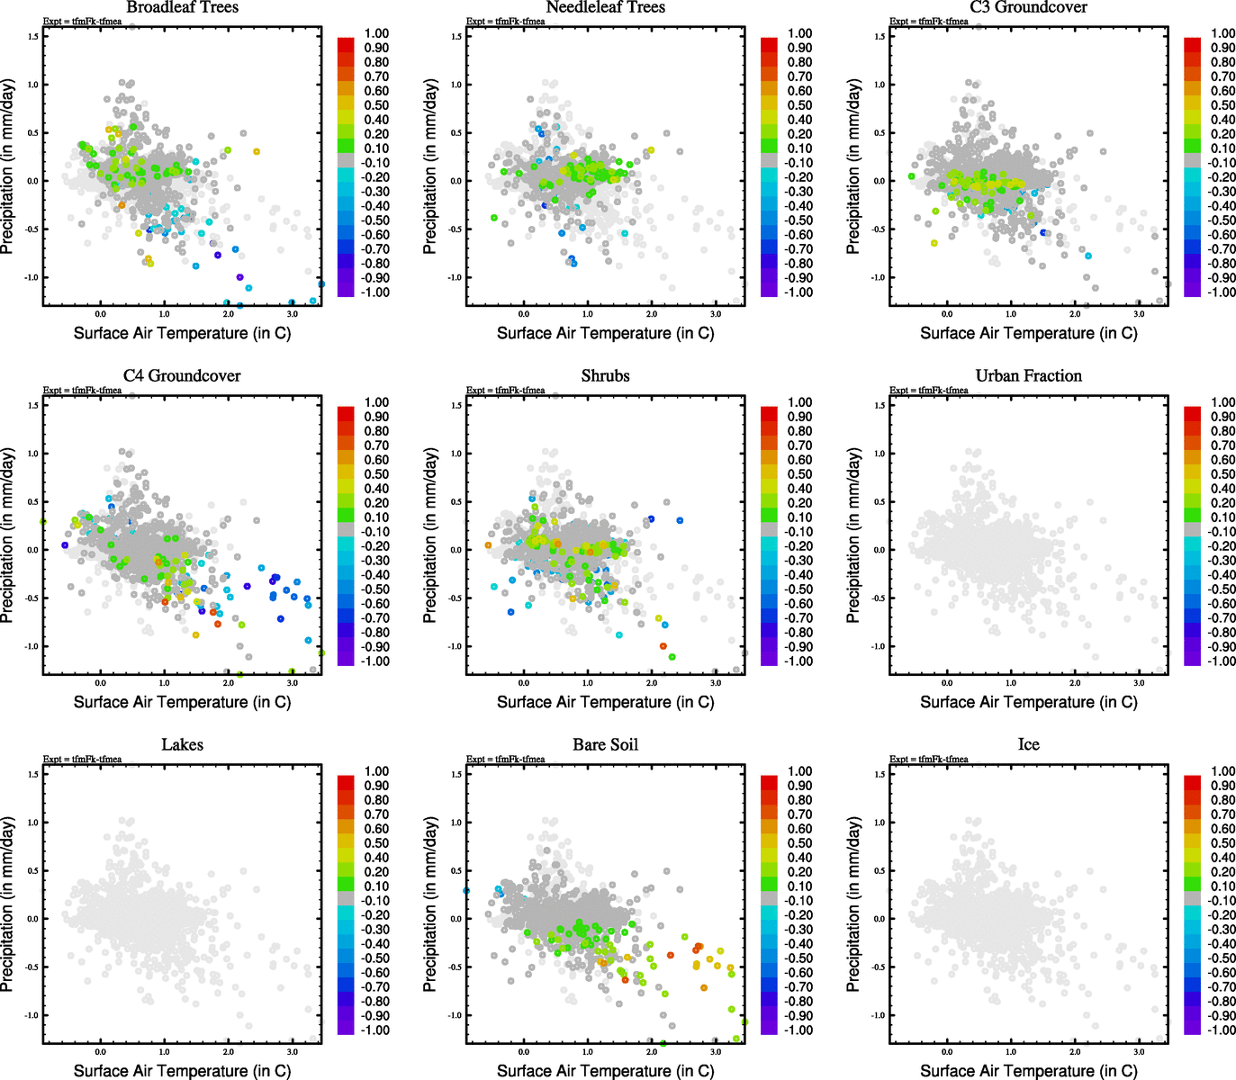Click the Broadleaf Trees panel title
tap(182, 7)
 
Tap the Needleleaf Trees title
tap(605, 7)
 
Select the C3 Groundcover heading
tap(1028, 7)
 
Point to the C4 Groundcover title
tap(182, 375)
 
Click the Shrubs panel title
tap(605, 375)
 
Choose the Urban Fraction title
tap(1028, 375)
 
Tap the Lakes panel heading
tap(182, 744)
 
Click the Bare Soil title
tap(605, 744)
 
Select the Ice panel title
tap(1028, 744)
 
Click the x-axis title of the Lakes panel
tap(182, 1070)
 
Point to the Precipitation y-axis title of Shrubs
tap(430, 536)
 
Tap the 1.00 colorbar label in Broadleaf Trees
tap(376, 33)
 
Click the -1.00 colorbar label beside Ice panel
tap(1221, 1030)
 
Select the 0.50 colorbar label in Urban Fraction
tap(1222, 474)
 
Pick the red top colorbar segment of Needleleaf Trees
tap(769, 44)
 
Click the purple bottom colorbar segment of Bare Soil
tap(769, 1027)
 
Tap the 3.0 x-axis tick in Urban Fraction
tap(1139, 683)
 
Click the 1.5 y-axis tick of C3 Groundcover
tap(880, 36)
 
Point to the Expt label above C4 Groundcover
tap(82, 390)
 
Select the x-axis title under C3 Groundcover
tap(1028, 333)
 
